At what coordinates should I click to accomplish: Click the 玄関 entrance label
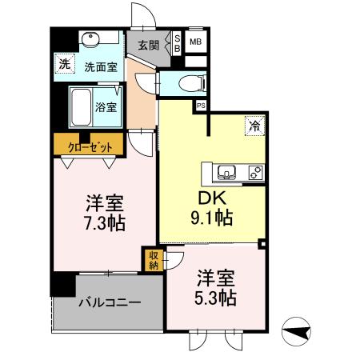(146, 46)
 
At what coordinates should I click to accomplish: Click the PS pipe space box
(200, 105)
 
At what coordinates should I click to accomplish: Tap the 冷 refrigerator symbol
(254, 125)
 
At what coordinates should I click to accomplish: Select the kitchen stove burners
(256, 171)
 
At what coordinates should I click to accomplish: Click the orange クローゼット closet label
(90, 145)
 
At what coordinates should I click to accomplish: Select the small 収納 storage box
(153, 260)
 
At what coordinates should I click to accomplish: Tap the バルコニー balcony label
(110, 304)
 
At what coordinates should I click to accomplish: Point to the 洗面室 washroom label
(102, 69)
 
